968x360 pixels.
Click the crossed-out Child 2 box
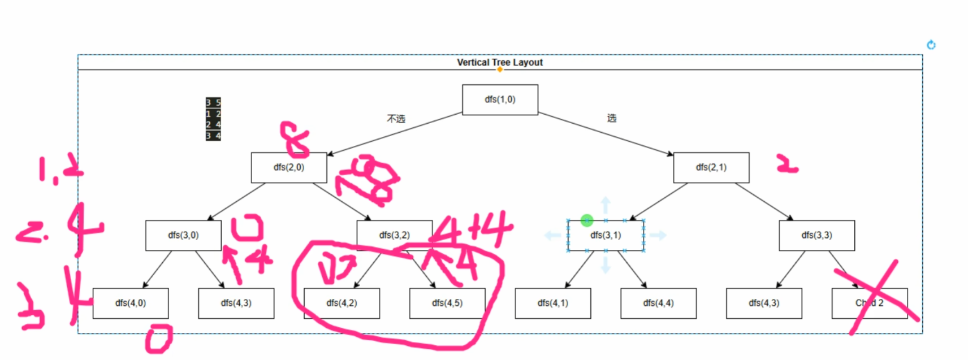click(x=869, y=303)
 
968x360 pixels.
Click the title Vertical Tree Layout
click(x=499, y=62)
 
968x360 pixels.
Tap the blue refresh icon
click(x=931, y=45)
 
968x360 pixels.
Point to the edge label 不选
click(x=396, y=119)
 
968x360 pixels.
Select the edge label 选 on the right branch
click(x=612, y=118)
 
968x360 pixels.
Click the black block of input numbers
click(x=213, y=119)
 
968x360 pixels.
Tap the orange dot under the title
click(x=500, y=70)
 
